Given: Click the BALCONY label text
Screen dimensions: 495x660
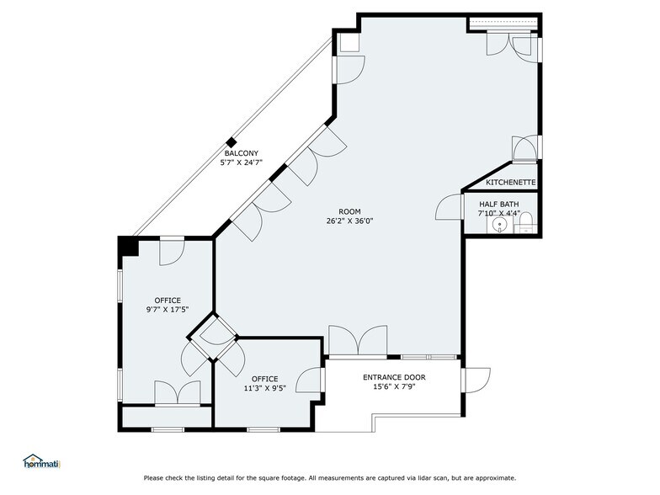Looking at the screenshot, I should point(240,152).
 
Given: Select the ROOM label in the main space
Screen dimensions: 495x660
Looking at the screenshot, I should point(349,211).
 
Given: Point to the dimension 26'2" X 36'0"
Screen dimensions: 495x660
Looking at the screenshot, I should point(349,221).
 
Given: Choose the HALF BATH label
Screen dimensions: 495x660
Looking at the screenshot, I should point(499,204).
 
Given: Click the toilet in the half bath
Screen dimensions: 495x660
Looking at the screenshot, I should point(525,223).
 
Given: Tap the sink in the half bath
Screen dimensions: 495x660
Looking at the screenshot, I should point(499,226).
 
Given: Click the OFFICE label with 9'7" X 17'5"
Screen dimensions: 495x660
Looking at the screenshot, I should point(168,300).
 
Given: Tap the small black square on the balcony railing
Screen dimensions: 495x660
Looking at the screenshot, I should point(230,142).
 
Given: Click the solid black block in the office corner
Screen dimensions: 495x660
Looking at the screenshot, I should point(127,246).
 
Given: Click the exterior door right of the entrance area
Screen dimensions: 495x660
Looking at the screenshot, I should point(476,380).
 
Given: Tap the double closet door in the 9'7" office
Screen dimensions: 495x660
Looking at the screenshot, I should point(177,393).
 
